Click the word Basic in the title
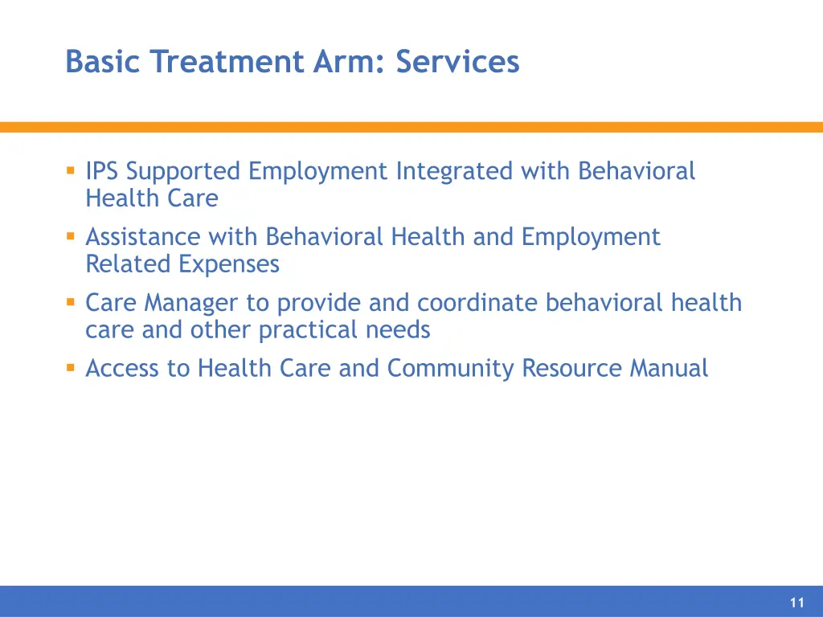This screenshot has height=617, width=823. tap(103, 62)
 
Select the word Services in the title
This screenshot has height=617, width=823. tap(457, 62)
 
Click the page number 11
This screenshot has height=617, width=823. tap(796, 603)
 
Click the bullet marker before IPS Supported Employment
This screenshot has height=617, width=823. tap(71, 170)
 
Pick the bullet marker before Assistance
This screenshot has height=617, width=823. tap(71, 236)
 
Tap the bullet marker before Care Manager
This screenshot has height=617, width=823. tap(71, 302)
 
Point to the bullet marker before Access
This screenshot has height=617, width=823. tap(71, 368)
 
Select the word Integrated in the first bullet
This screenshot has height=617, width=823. tap(454, 171)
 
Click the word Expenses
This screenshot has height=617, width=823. tap(229, 264)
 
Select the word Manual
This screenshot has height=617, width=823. tap(669, 369)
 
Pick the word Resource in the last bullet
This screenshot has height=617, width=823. tap(571, 369)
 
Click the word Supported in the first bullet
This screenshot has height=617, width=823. tap(183, 172)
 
